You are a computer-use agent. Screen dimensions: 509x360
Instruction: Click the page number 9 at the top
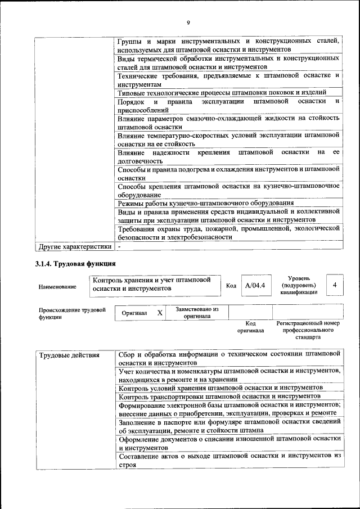[x=188, y=22]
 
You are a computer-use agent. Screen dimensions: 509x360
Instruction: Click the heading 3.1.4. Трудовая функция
[x=75, y=264]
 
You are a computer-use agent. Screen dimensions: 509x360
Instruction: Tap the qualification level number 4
[x=335, y=285]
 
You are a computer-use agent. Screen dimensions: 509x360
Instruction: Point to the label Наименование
[x=57, y=287]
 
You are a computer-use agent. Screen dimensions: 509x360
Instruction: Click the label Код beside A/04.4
[x=231, y=286]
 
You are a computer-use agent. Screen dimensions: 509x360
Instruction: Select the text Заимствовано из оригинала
[x=197, y=313]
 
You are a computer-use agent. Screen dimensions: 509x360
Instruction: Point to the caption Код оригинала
[x=250, y=327]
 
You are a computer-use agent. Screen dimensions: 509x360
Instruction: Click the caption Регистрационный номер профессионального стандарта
[x=308, y=331]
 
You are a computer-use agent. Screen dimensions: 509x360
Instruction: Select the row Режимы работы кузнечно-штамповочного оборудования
[x=206, y=203]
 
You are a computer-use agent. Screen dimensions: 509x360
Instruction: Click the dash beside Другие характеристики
[x=119, y=246]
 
